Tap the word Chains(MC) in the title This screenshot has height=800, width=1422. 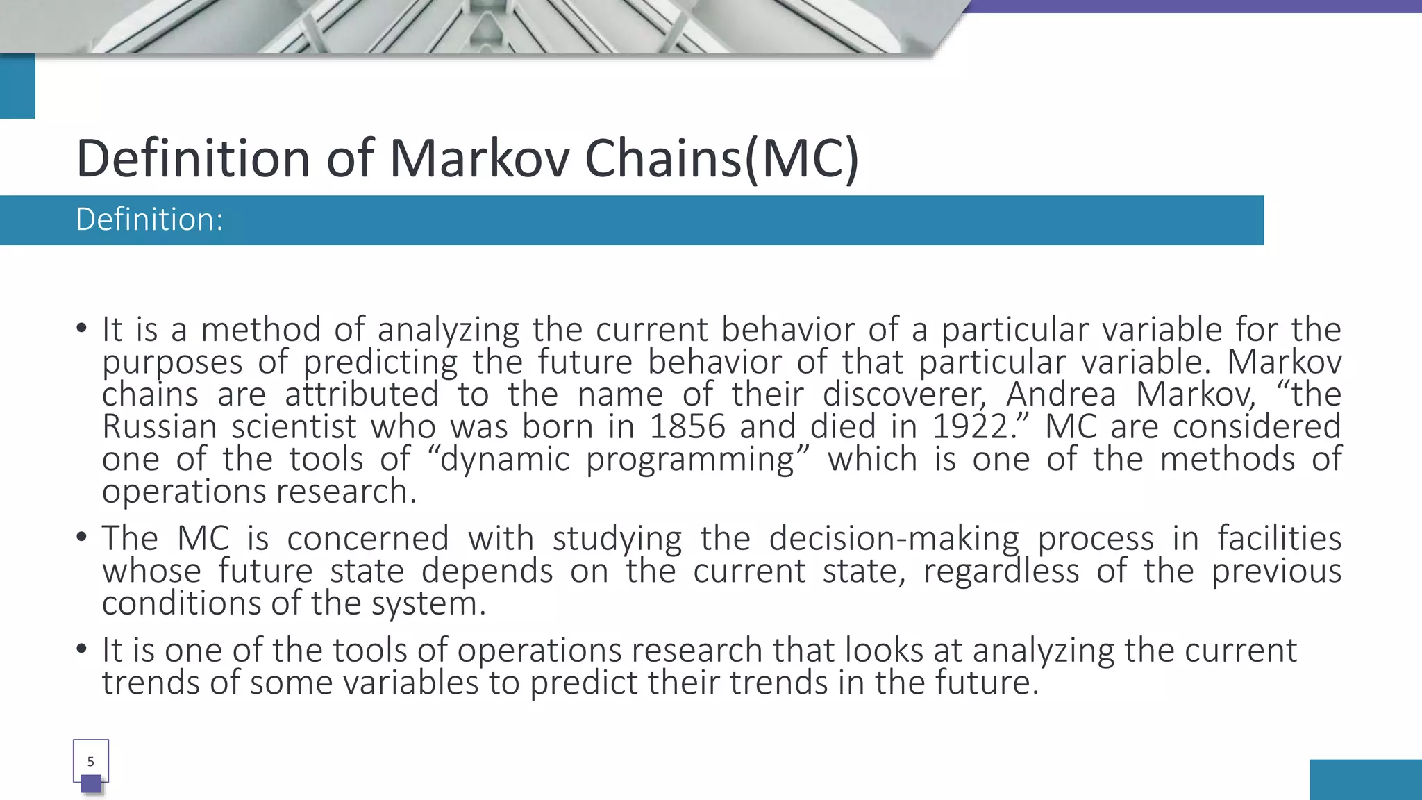(721, 158)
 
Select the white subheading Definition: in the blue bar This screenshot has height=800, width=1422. (149, 219)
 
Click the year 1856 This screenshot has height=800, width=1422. (687, 426)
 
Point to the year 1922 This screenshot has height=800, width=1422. (969, 426)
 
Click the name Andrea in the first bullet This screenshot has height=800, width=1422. (1061, 394)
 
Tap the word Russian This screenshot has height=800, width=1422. (159, 426)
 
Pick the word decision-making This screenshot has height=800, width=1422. (894, 538)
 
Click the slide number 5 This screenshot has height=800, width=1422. (90, 762)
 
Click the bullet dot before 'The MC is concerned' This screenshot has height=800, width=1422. (82, 537)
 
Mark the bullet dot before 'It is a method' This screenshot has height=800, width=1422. (82, 328)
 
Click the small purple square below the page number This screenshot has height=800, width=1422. (91, 784)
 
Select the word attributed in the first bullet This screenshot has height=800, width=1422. (362, 394)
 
